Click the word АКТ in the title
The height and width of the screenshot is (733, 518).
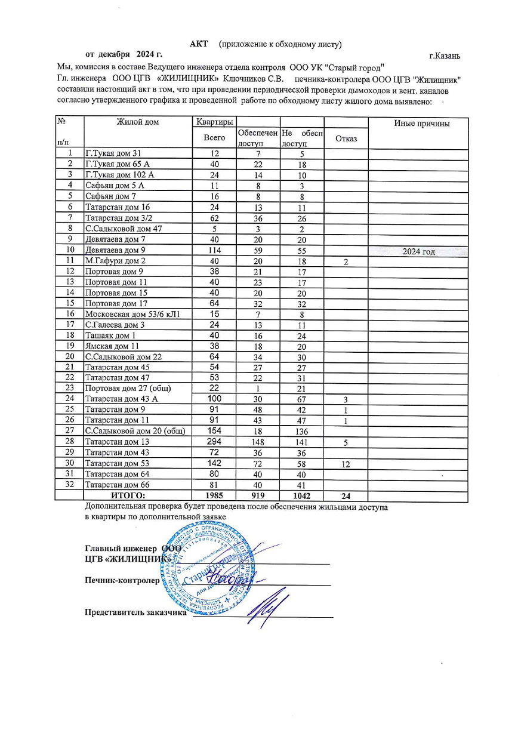point(198,44)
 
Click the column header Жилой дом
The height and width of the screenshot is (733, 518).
point(138,122)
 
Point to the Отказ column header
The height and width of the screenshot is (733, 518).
point(346,139)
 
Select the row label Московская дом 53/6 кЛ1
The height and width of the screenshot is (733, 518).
point(132,313)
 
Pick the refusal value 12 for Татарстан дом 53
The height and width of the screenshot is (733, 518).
point(346,464)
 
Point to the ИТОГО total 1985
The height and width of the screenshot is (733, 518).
point(214,495)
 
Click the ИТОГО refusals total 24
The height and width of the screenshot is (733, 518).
point(346,495)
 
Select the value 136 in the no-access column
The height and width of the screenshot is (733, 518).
point(302,430)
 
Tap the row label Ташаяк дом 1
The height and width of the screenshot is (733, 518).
point(111,335)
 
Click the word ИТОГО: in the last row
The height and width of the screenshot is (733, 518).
point(128,495)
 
